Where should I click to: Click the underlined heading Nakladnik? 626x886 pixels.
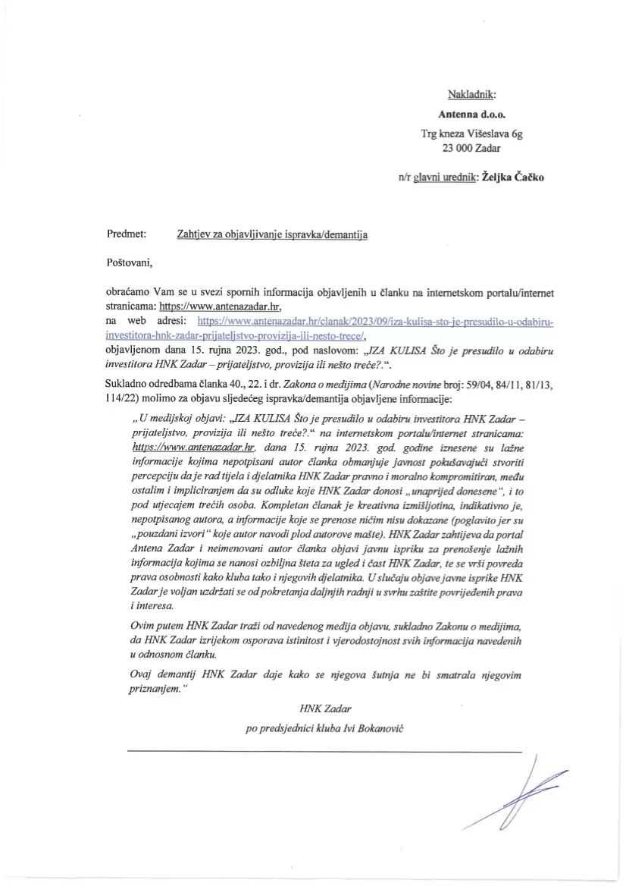click(x=471, y=94)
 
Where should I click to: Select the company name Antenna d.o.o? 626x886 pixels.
click(x=471, y=115)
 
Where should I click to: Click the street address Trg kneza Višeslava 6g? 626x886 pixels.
click(x=471, y=132)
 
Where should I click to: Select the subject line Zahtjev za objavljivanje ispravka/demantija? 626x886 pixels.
click(x=271, y=235)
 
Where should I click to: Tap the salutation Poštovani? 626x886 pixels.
click(x=130, y=263)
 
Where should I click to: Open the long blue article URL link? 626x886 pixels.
click(x=374, y=328)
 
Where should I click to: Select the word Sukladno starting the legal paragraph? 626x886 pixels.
click(x=128, y=384)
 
